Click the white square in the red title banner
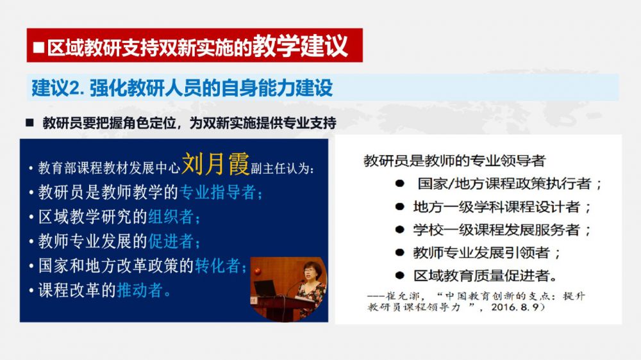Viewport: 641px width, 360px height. [x=39, y=47]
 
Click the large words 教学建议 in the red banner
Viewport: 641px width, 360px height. [x=300, y=45]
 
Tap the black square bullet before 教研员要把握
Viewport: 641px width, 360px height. [x=29, y=122]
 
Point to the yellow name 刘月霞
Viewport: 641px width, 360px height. [x=215, y=164]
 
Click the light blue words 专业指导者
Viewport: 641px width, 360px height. [x=218, y=192]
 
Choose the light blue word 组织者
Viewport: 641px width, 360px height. [x=171, y=217]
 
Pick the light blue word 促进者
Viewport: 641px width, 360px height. [x=171, y=241]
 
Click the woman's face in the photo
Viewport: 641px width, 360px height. [x=312, y=272]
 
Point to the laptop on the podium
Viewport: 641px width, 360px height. [x=267, y=288]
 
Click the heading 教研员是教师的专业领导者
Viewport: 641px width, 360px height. [x=454, y=161]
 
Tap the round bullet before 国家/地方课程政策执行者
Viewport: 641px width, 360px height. [x=400, y=184]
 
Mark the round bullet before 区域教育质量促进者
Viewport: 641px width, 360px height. [x=400, y=276]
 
